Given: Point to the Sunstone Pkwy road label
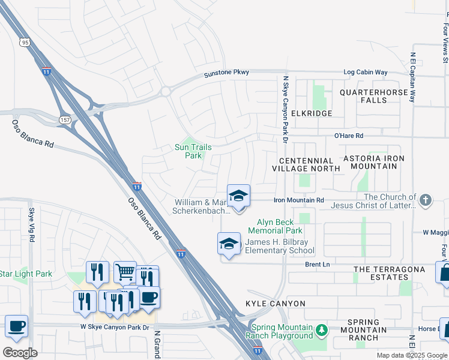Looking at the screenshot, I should point(226,73).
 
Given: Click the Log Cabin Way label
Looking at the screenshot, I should point(366,73).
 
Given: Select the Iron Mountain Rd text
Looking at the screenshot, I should point(299,200).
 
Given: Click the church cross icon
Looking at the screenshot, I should point(426,200).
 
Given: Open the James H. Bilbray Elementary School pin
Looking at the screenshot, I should point(228,244).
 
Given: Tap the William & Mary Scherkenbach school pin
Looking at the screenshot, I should point(238,196).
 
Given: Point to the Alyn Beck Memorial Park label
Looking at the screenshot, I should point(280,226).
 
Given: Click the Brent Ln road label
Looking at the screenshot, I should point(318,264).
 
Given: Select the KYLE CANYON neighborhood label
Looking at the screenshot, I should point(276,304).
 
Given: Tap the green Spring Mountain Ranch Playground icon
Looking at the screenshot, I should point(322,329).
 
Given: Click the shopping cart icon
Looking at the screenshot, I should point(125,272).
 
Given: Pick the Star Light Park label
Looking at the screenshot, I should point(34,274).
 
